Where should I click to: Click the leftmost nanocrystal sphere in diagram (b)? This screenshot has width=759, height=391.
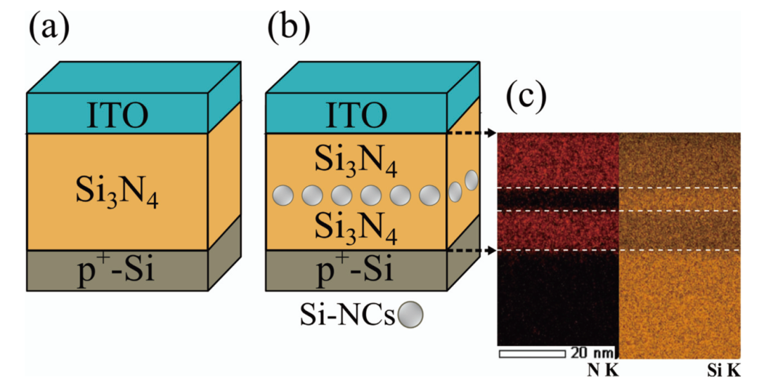(x=283, y=196)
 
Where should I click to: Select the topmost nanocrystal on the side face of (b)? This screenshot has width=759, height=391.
(x=471, y=180)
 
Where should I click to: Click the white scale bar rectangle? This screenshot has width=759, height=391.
(x=532, y=354)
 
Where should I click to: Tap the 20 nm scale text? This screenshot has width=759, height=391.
(x=592, y=353)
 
